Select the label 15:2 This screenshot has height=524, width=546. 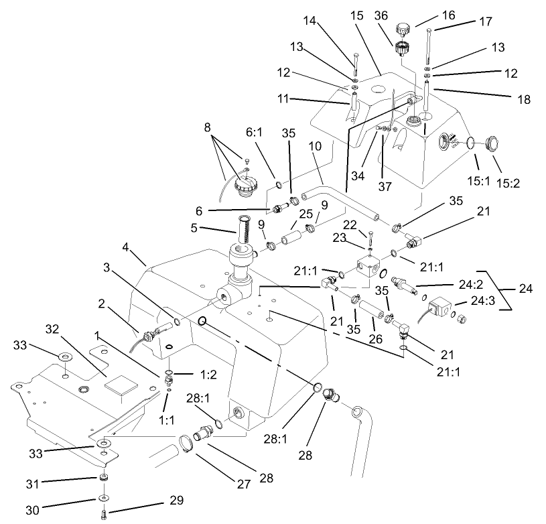point(505,164)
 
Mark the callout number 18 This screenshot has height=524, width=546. point(523,99)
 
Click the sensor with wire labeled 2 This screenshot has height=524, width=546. point(147,330)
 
